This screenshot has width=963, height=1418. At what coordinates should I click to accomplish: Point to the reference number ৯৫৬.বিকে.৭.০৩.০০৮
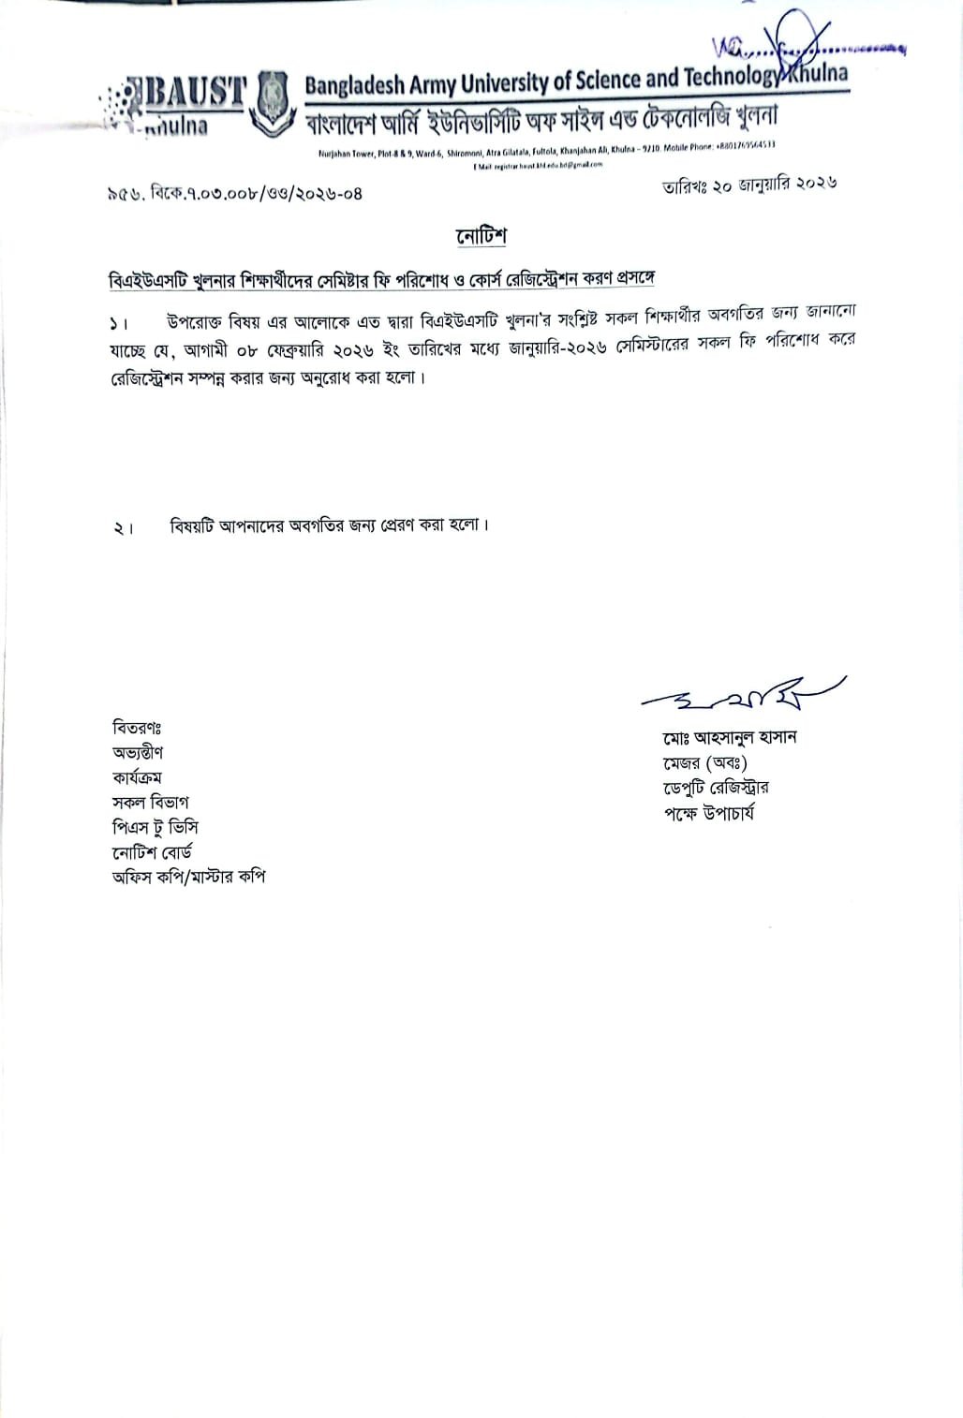click(x=234, y=194)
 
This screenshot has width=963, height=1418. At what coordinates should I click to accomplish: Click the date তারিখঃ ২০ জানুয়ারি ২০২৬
click(x=748, y=185)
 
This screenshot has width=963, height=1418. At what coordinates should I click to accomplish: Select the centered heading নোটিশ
click(x=481, y=237)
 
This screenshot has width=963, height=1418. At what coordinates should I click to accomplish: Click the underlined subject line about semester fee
click(x=381, y=280)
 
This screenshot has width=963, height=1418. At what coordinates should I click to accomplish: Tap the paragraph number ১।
click(x=117, y=324)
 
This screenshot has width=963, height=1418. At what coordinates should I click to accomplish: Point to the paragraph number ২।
click(x=124, y=528)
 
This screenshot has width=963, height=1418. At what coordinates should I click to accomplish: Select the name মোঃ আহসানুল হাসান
click(x=729, y=738)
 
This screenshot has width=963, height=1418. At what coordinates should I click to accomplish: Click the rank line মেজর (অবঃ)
click(x=704, y=763)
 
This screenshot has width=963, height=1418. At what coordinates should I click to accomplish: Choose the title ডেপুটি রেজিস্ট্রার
click(x=716, y=788)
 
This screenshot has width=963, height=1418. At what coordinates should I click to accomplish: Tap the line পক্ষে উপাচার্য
click(x=708, y=813)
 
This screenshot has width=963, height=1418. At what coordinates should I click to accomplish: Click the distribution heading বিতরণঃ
click(x=138, y=728)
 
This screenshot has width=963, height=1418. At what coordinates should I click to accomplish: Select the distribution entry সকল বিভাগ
click(x=150, y=803)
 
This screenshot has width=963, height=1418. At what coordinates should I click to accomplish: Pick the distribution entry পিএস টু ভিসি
click(x=155, y=827)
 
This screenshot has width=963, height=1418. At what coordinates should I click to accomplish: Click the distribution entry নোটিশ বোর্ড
click(x=152, y=852)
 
